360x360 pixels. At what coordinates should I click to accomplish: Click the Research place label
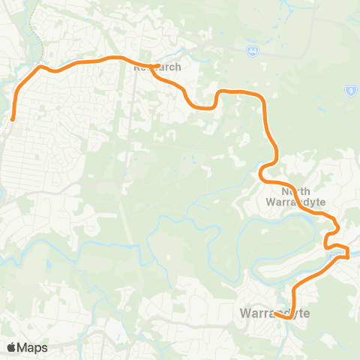[157, 67]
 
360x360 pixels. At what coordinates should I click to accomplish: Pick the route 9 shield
[349, 91]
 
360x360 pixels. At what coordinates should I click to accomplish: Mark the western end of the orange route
[13, 118]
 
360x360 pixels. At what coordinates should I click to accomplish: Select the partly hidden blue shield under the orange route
[333, 259]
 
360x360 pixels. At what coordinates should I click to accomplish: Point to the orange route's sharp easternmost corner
[349, 256]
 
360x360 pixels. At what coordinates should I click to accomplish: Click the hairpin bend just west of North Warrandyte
[261, 174]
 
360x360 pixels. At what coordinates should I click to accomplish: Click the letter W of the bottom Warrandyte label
[244, 311]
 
